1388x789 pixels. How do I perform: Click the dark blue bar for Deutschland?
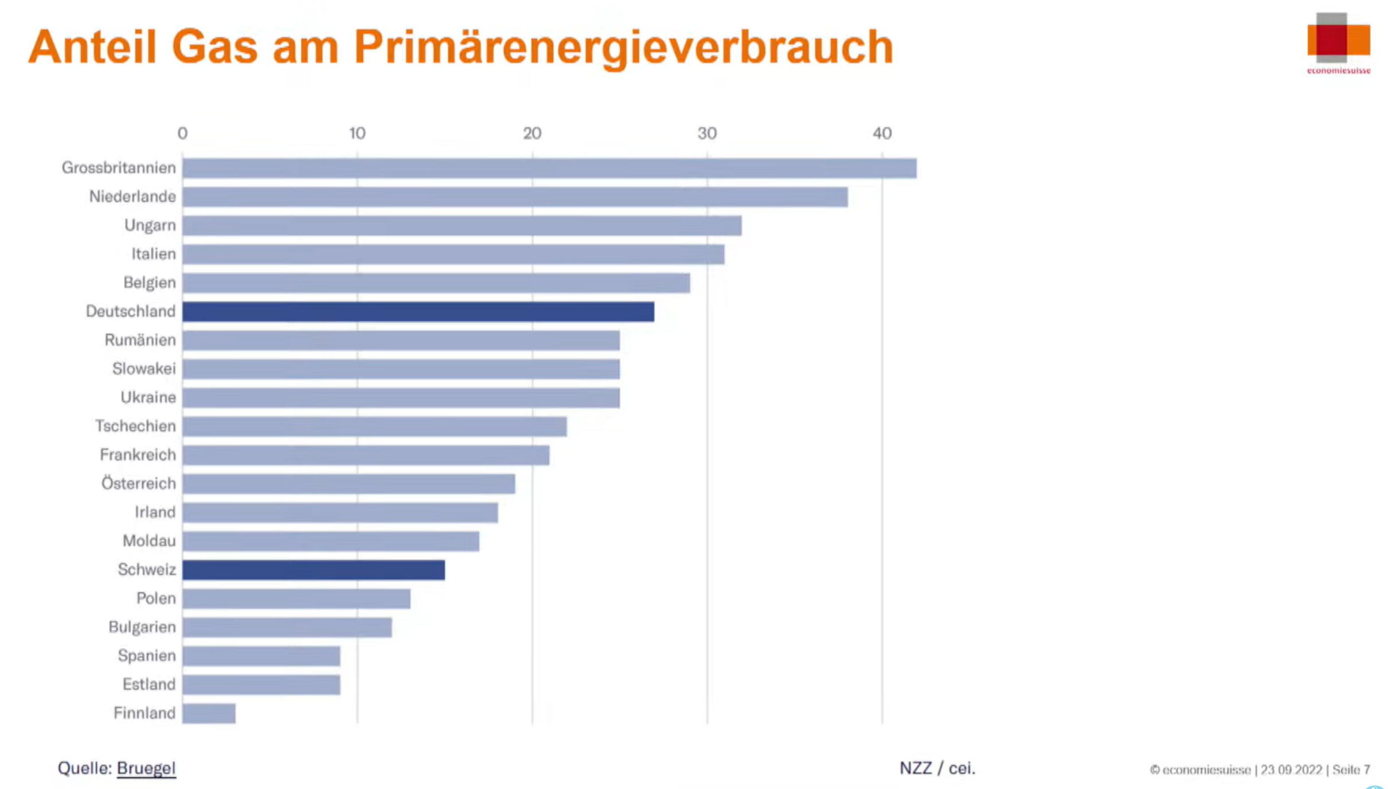418,312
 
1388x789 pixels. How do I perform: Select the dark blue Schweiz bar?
314,570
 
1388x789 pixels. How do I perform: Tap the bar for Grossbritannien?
549,168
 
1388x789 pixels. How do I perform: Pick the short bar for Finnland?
209,713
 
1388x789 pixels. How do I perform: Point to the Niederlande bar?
515,197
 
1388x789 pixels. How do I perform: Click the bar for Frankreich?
366,456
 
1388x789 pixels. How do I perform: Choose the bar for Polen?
296,599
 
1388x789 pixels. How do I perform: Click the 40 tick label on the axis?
882,134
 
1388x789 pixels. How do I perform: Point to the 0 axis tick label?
182,134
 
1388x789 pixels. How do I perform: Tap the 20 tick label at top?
531,134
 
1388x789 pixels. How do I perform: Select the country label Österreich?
138,484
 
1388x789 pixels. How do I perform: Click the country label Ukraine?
148,398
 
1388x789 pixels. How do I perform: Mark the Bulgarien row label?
142,627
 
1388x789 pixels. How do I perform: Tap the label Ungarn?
150,225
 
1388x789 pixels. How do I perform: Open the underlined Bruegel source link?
146,768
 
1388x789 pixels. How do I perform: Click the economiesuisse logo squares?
1338,38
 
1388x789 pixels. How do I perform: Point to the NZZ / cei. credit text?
937,768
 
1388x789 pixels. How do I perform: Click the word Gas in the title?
214,47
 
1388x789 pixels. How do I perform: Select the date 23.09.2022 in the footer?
1291,770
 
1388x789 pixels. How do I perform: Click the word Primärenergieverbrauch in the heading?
623,47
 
